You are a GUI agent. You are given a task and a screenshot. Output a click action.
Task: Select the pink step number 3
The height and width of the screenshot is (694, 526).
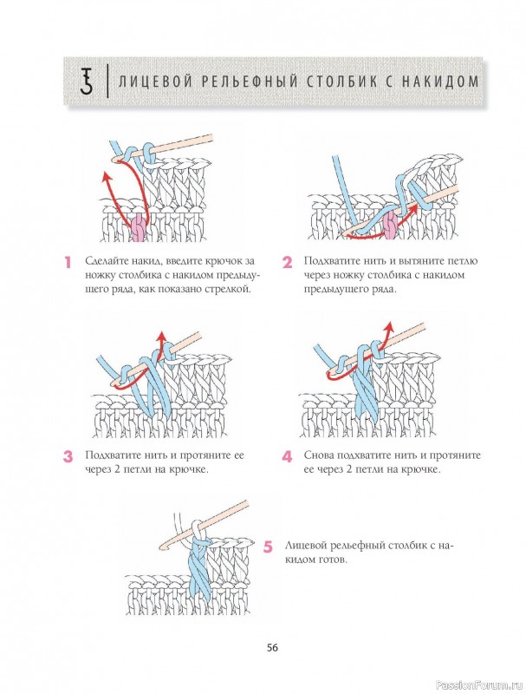point(67,455)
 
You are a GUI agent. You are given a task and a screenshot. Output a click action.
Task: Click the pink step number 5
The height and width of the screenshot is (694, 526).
point(268,547)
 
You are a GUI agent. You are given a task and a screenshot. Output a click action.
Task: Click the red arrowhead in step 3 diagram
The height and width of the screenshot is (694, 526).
point(159,334)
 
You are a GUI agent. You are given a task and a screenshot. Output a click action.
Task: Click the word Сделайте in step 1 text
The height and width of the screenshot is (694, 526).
point(107,260)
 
